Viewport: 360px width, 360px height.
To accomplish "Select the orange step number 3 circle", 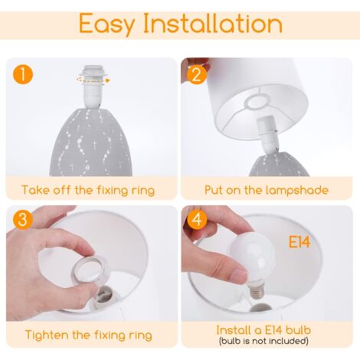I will [23, 220].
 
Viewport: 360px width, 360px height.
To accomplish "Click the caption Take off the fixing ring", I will [87, 189].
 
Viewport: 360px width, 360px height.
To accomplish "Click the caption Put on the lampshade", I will [266, 189].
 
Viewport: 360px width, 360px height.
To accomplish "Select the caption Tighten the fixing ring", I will [87, 335].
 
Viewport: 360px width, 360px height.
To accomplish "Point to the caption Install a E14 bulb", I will [266, 330].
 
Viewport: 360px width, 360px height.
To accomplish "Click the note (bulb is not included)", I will [266, 340].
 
